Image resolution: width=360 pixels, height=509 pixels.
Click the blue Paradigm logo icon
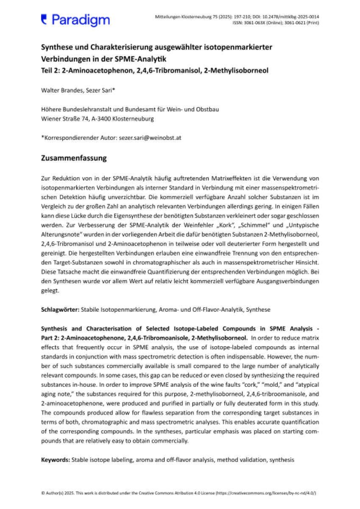click(44, 18)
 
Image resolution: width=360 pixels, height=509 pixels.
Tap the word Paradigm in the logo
click(81, 20)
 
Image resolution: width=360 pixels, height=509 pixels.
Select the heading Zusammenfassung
click(73, 159)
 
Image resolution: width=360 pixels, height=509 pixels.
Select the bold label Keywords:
click(56, 459)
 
